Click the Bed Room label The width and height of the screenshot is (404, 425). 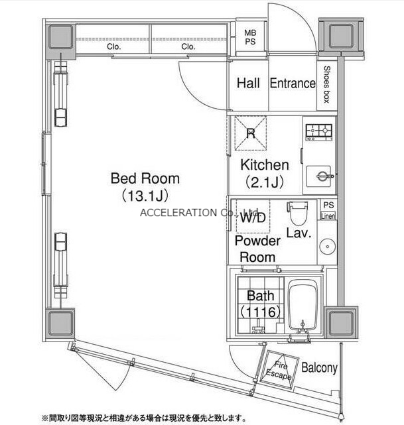point(145,178)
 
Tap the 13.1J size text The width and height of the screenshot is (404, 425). point(145,196)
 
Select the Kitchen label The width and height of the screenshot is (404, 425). point(265,165)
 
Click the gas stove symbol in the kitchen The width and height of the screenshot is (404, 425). point(319,132)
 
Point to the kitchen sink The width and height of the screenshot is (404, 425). point(319,176)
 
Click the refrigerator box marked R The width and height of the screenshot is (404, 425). point(251,133)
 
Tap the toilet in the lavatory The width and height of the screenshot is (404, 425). point(297,213)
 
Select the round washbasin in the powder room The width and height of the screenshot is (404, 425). point(327,247)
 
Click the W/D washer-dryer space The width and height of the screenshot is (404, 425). point(253,216)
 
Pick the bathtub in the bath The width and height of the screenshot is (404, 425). point(303,305)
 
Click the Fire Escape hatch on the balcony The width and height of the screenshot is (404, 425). point(279,370)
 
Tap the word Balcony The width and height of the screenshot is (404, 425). point(319,368)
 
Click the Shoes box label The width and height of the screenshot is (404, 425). point(327,84)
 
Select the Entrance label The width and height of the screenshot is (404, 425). point(293,84)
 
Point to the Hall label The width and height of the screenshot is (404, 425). point(248,84)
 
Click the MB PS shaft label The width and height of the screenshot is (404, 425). point(250,37)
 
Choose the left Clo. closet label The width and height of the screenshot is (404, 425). point(114,46)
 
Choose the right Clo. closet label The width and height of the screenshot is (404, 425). point(188,46)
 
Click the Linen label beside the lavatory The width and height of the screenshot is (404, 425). point(328,215)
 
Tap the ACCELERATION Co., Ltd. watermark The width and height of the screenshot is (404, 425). point(200,213)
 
